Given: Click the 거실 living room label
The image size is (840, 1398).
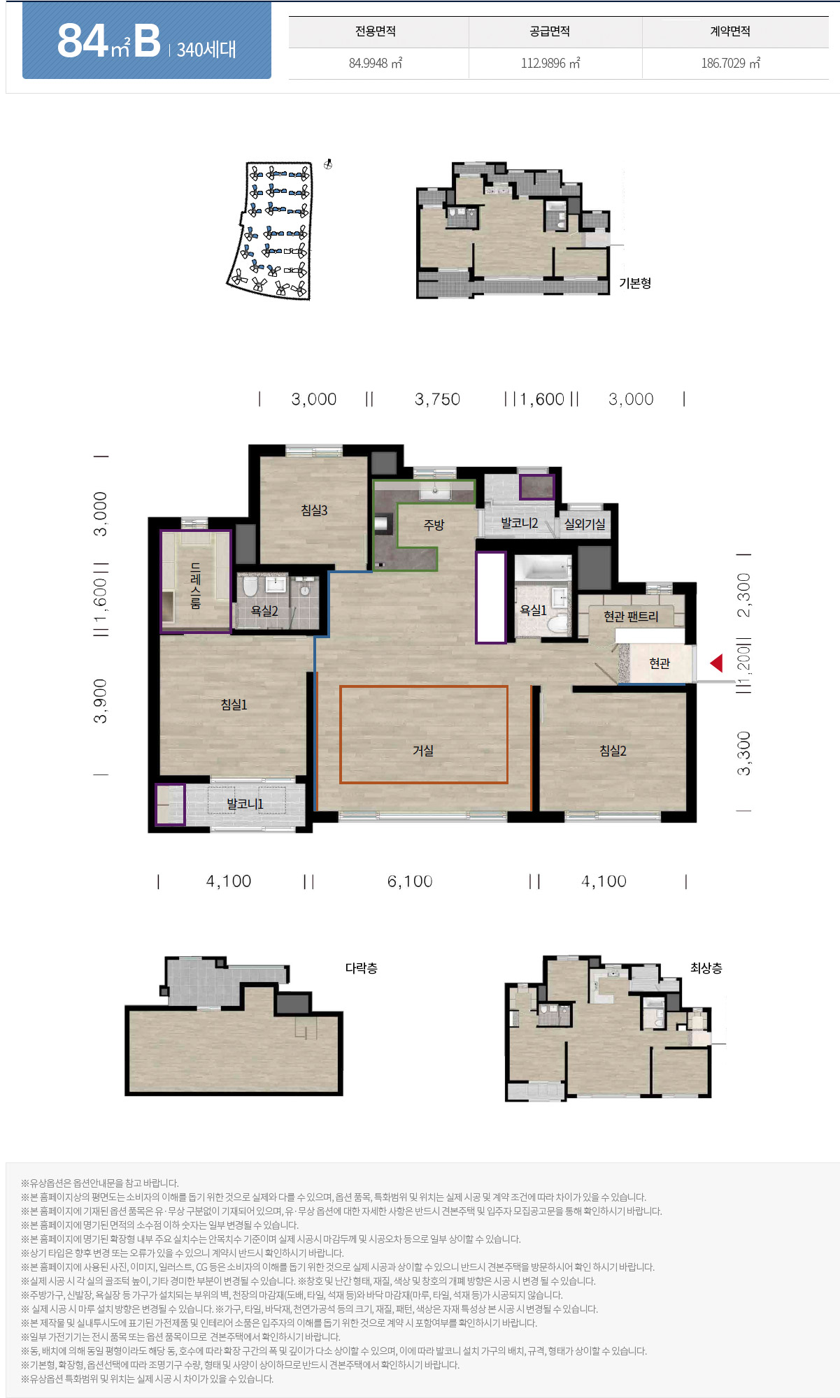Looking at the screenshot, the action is (423, 750).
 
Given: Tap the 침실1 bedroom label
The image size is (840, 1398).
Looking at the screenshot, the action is (234, 705).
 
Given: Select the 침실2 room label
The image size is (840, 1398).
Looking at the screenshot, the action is (613, 751).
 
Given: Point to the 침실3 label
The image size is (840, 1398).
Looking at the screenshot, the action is (314, 510).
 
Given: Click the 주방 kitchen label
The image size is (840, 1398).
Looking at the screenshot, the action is (434, 524).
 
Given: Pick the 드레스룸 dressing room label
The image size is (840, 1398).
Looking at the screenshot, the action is (196, 586).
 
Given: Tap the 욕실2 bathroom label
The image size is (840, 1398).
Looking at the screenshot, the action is (264, 611).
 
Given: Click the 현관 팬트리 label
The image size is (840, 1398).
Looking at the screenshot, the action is (631, 616).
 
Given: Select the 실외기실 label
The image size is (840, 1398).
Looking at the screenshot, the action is (585, 524).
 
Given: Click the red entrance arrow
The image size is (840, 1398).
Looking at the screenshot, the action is (716, 663).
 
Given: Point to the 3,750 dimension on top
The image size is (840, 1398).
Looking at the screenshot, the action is (437, 399).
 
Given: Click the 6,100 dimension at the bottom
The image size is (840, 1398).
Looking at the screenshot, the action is (410, 881).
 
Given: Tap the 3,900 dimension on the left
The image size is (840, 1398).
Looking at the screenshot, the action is (101, 701).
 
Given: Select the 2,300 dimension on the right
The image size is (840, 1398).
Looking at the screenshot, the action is (744, 596).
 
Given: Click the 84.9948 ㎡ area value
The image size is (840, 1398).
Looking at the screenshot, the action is (376, 63).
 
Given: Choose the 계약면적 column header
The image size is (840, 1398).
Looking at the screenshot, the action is (730, 31).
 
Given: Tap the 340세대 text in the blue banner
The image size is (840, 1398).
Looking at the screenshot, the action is (206, 50).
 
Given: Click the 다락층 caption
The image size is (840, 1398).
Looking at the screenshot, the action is (362, 968).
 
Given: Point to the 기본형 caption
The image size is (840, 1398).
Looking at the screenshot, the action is (635, 283).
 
